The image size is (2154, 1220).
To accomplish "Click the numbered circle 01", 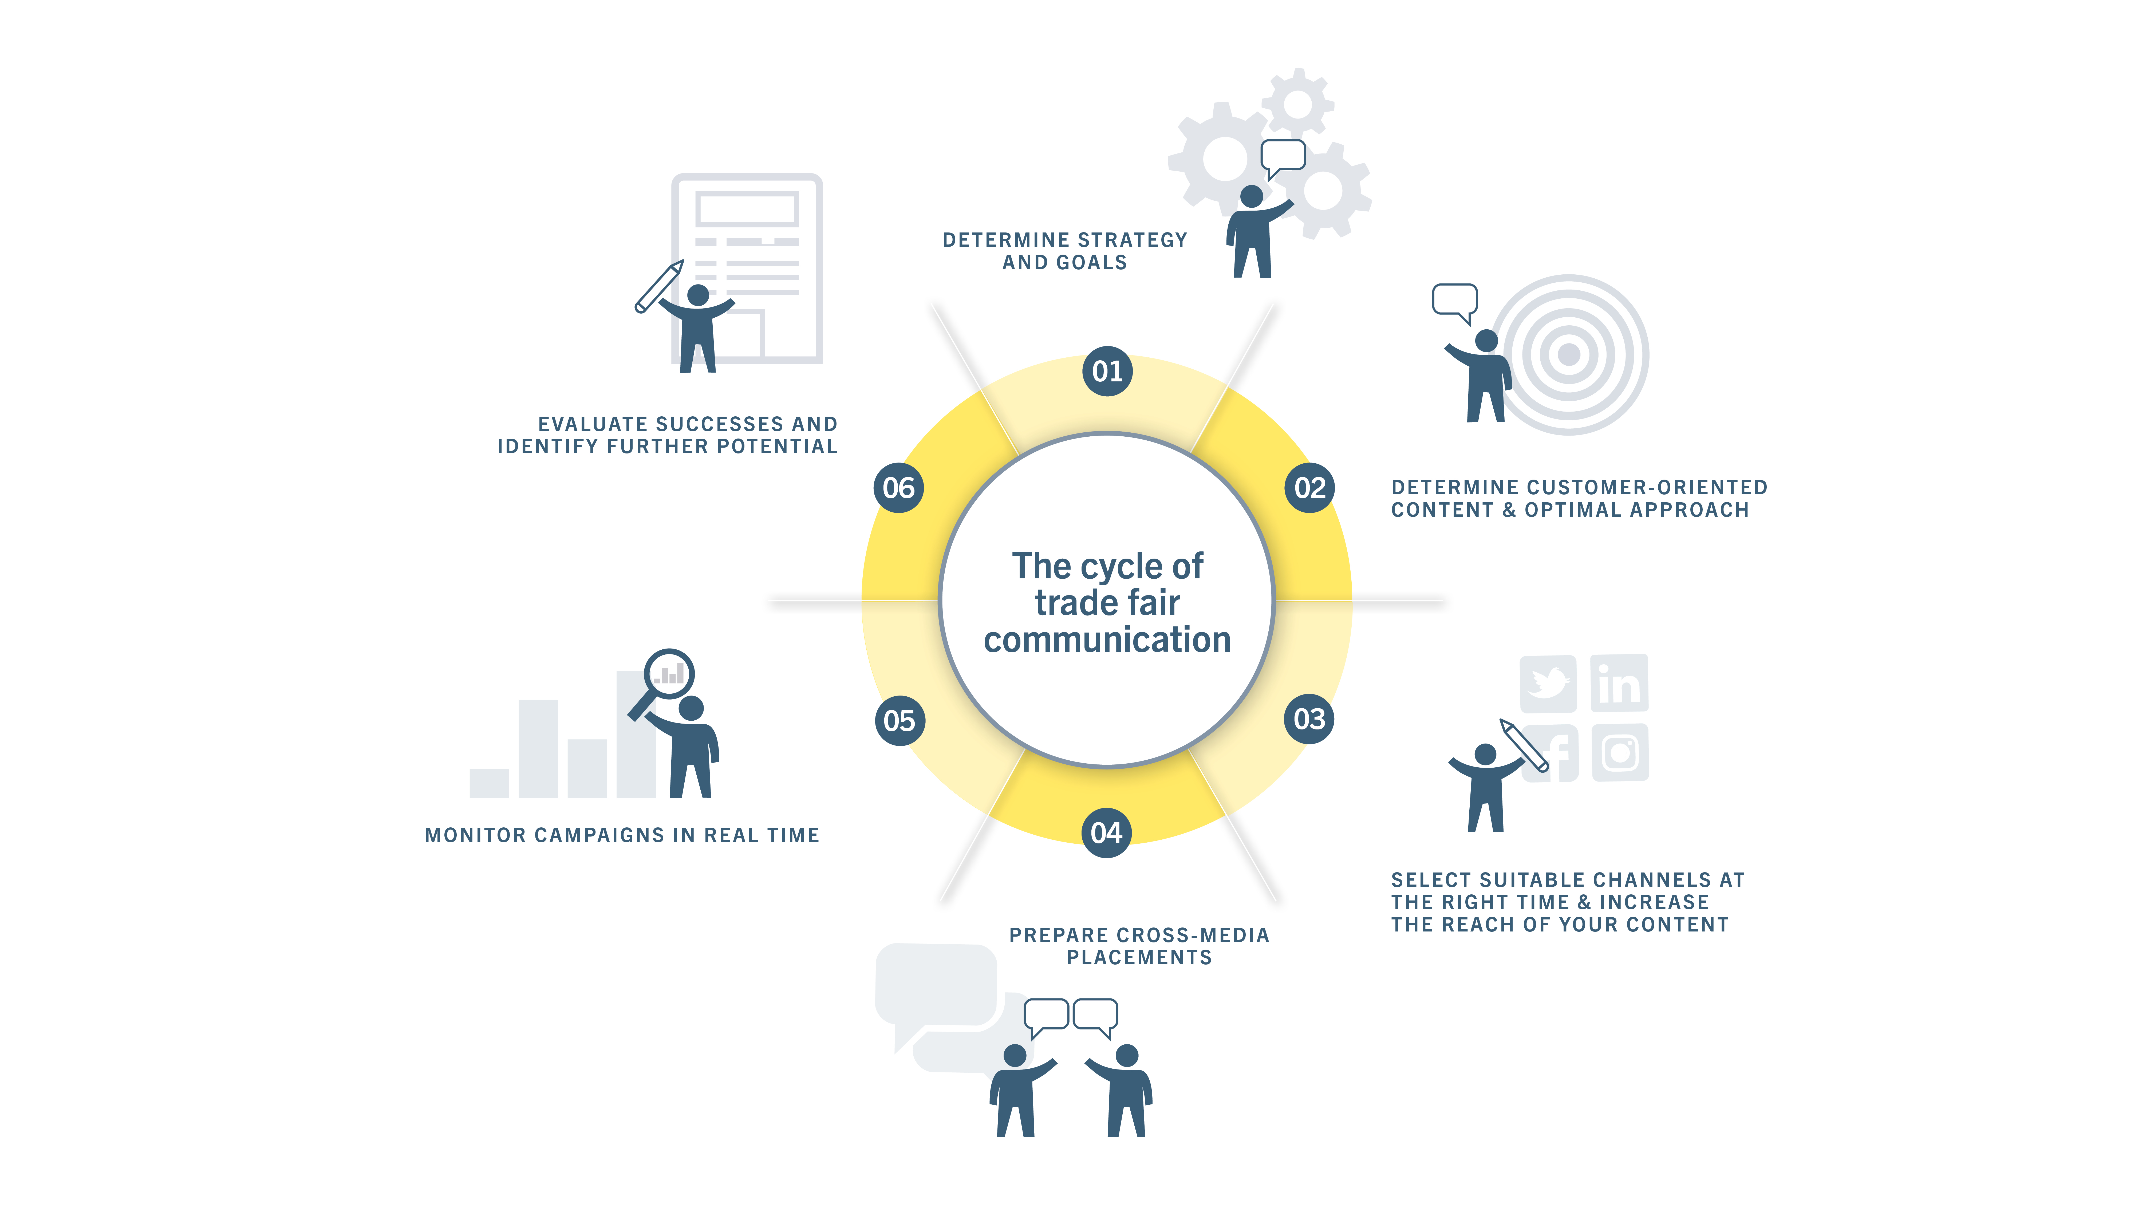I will [x=1107, y=371].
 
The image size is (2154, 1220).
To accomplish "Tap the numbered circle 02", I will [x=1309, y=488].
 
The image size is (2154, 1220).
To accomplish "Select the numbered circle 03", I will [x=1309, y=719].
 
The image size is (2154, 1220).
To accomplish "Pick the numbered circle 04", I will [x=1106, y=833].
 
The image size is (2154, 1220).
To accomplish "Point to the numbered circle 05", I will [x=899, y=721].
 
